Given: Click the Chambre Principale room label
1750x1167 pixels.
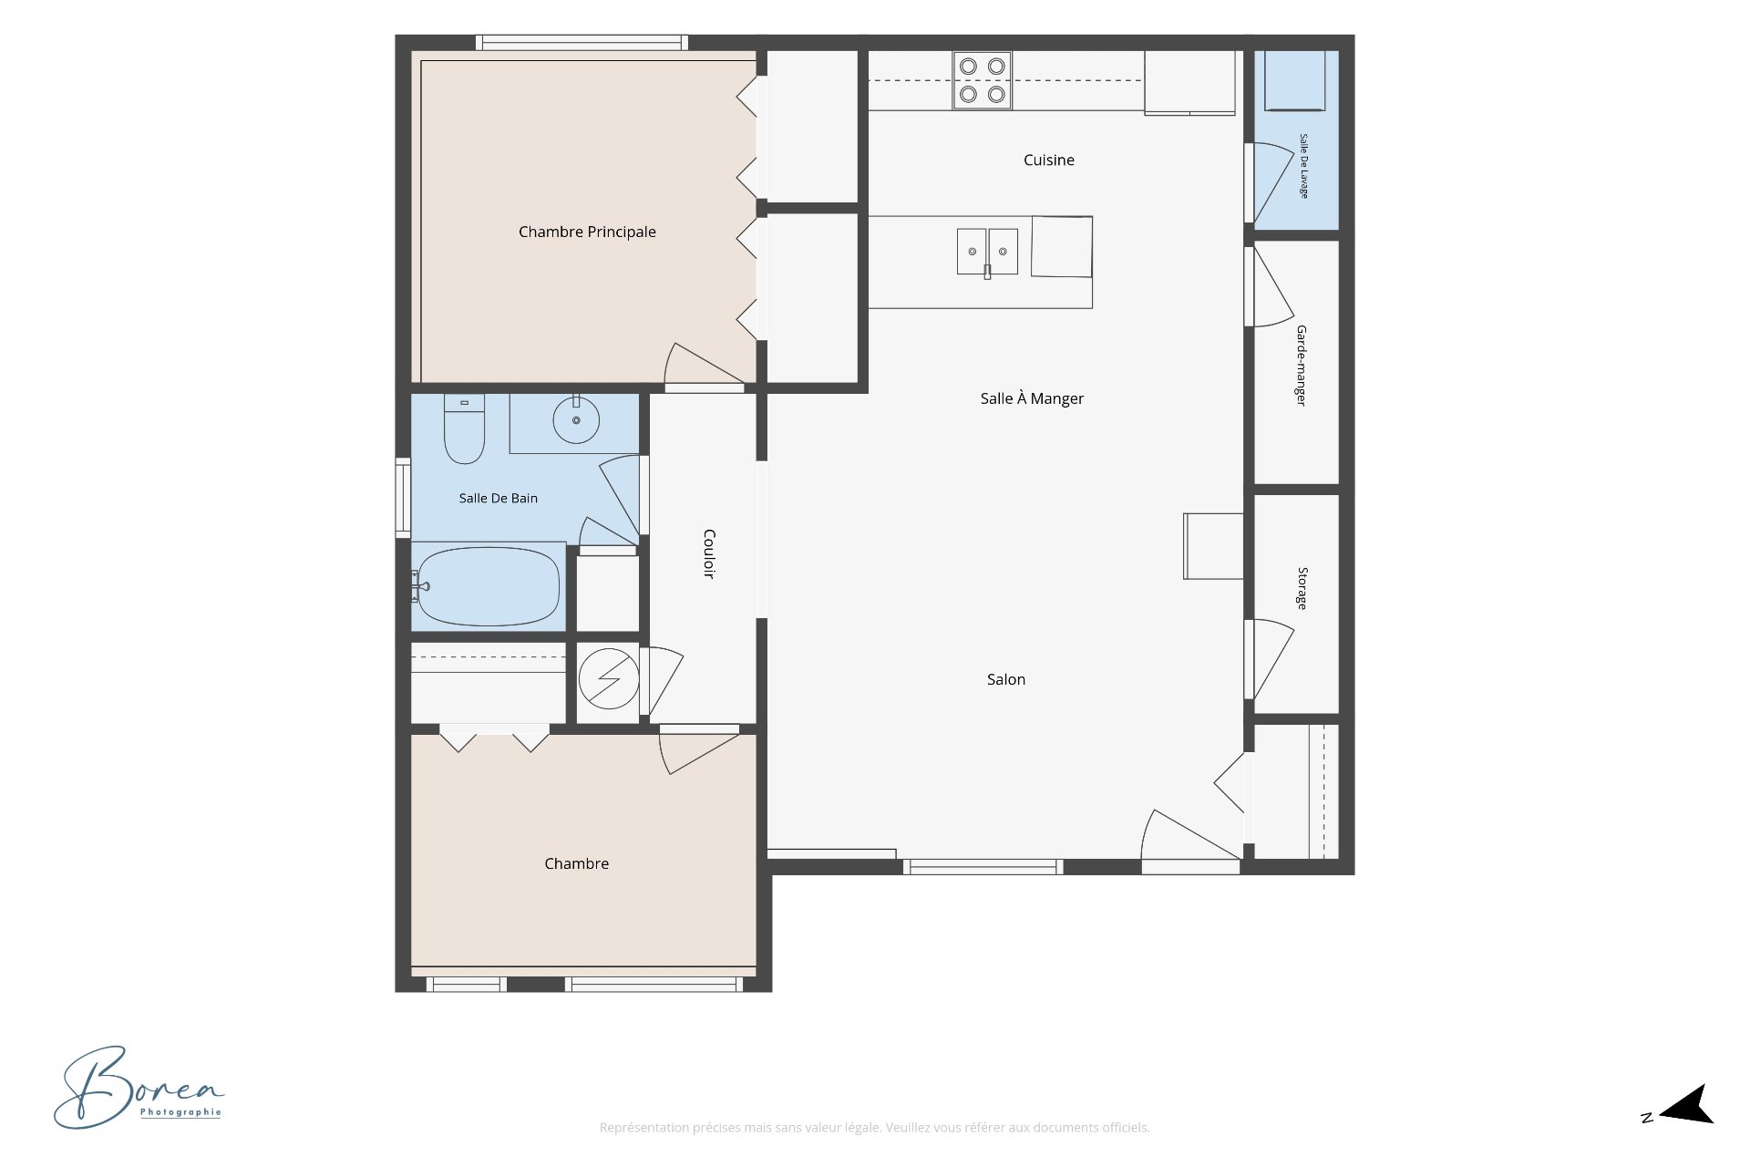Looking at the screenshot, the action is point(587,232).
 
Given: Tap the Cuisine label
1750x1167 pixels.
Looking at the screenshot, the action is point(1048,160).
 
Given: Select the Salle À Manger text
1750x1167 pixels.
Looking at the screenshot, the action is point(1032,398).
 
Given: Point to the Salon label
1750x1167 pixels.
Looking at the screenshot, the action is point(1006,679).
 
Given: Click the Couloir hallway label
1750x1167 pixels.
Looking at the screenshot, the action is point(709,553).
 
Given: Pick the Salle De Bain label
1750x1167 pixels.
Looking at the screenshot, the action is point(499,498).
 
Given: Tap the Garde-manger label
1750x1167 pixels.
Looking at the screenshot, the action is point(1302,366).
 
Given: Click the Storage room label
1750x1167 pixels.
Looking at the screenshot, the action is point(1302,588).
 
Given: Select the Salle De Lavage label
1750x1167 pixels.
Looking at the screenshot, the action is point(1303,166).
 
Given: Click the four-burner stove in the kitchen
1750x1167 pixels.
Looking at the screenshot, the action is point(983,80).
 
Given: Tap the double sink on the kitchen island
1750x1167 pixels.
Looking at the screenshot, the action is point(987,252).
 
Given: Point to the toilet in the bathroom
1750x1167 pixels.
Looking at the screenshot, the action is point(464,429).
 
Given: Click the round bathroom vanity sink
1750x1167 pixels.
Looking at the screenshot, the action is point(576,419).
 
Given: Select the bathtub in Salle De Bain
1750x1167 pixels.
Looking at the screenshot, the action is point(488,586).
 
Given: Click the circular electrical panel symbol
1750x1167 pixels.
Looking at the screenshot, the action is point(609,677).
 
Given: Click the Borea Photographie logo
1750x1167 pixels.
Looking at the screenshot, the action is point(139,1088).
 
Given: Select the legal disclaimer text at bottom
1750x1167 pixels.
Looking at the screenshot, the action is point(874,1128).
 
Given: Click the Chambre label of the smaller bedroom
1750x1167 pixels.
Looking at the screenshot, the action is point(576,863).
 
